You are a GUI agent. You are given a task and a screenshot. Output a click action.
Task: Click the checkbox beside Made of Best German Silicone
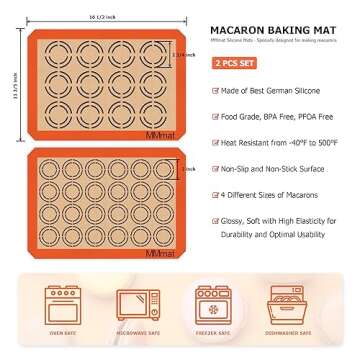tap(215, 90)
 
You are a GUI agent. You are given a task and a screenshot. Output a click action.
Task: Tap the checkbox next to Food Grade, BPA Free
tap(215, 116)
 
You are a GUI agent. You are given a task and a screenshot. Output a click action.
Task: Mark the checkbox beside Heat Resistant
tap(215, 142)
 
